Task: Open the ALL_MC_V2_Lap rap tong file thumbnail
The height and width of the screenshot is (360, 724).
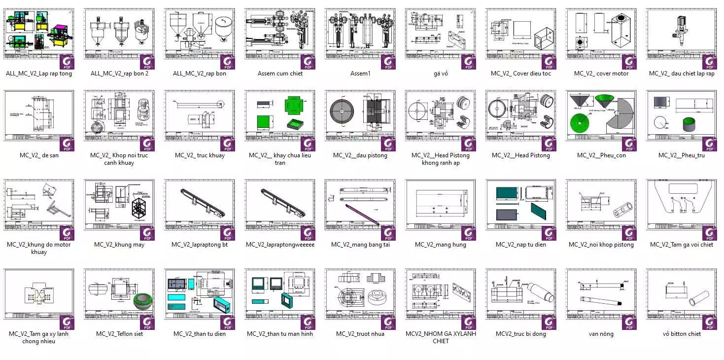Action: [38, 34]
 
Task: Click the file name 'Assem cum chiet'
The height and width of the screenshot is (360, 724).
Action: [280, 73]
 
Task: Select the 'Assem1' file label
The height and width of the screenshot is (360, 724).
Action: [360, 73]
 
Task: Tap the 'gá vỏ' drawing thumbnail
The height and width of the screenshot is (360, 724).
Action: [440, 34]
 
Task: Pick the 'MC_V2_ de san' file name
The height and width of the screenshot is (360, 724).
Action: [39, 155]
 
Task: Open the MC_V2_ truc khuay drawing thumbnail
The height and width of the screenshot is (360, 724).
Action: [199, 115]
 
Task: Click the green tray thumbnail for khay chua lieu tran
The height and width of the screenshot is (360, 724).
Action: [279, 115]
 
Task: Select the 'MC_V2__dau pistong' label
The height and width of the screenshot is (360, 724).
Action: [360, 155]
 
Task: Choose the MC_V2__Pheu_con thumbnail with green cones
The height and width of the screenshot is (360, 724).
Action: [601, 115]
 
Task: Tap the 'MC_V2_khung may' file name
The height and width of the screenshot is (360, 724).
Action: [119, 245]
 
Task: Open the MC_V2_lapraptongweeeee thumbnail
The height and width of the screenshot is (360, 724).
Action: [279, 205]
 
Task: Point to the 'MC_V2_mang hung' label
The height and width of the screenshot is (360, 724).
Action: [440, 245]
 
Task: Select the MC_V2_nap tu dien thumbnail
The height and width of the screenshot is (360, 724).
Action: [520, 205]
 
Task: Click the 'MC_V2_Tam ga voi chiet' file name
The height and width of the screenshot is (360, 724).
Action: [681, 245]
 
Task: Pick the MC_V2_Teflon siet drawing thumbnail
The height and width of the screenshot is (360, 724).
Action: [119, 294]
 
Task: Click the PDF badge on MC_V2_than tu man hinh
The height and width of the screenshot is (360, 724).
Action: [307, 322]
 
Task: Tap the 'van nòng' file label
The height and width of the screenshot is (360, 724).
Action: [601, 334]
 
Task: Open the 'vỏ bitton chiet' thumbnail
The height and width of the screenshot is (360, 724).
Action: [681, 294]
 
